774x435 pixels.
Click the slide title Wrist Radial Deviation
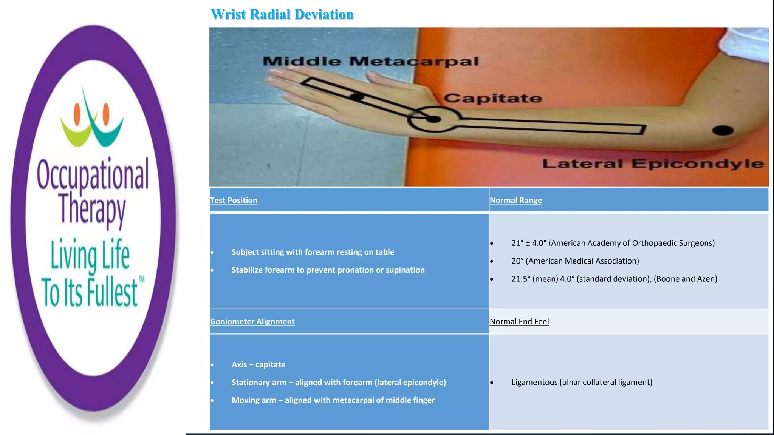coord(282,14)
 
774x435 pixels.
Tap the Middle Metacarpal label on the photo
coord(370,61)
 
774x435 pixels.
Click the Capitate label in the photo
coord(492,98)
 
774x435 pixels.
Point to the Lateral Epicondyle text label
coord(653,164)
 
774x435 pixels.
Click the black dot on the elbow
coord(723,131)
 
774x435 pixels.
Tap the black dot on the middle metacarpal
coord(356,97)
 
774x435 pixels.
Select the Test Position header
coord(234,201)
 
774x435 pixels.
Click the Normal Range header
coord(515,201)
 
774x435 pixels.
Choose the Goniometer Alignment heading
coord(252,322)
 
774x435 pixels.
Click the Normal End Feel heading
coord(519,322)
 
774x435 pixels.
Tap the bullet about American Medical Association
coord(575,261)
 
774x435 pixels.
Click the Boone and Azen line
coord(614,279)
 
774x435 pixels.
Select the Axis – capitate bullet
coord(258,365)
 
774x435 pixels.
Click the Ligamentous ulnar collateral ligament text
coord(582,382)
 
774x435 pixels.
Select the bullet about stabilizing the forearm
coord(328,270)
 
